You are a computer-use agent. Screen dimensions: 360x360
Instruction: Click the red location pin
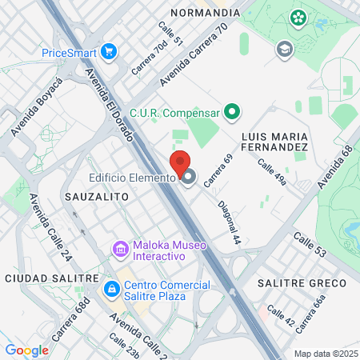tap(180, 163)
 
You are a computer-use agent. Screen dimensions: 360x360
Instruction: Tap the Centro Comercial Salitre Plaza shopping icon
tap(111, 287)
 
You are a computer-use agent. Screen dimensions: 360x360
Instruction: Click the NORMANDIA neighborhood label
tap(205, 13)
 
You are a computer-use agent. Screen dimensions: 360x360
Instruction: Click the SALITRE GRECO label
tap(302, 283)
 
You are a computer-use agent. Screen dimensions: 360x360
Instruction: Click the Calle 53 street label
tap(310, 244)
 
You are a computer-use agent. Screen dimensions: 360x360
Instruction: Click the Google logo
tap(26, 350)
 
